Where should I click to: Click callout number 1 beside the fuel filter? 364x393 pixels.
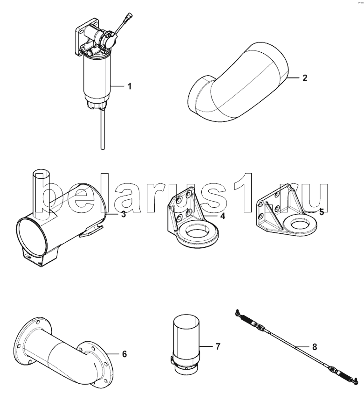coord(130,86)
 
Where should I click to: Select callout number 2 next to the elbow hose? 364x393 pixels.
coord(304,78)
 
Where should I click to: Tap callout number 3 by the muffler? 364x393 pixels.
coord(123,214)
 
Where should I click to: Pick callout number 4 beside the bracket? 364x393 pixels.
coord(223,216)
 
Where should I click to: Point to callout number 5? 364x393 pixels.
coord(322,212)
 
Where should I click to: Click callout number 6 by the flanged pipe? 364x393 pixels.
coord(124,354)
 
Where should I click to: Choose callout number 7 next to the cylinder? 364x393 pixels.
coord(218,347)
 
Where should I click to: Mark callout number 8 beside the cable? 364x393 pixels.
coord(315,347)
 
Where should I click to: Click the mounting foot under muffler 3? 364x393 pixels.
coord(40,258)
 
